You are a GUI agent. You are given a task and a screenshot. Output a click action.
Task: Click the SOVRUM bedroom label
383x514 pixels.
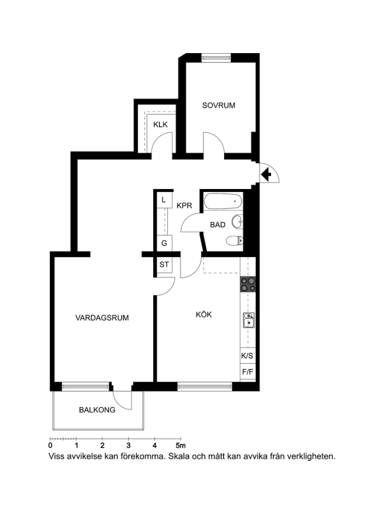pyautogui.click(x=218, y=105)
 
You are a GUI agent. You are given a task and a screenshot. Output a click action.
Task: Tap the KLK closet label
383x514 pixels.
pyautogui.click(x=161, y=125)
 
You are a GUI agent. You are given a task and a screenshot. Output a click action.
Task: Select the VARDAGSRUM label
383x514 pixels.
pyautogui.click(x=102, y=318)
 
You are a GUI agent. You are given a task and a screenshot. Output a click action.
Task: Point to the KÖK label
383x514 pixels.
pyautogui.click(x=204, y=314)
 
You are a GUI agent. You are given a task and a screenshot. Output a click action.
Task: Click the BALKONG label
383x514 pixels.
pyautogui.click(x=97, y=409)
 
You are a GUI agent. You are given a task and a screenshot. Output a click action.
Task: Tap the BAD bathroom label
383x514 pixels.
pyautogui.click(x=218, y=225)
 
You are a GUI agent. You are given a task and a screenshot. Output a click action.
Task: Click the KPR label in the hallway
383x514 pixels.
pyautogui.click(x=184, y=206)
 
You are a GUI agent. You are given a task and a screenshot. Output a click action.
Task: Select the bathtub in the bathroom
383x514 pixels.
pyautogui.click(x=223, y=201)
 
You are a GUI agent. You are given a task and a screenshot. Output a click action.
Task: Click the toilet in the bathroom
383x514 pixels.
pyautogui.click(x=234, y=240)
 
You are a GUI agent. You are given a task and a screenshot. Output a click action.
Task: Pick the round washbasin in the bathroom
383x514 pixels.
pyautogui.click(x=237, y=222)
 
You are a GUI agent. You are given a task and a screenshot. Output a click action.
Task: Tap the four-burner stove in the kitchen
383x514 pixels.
pyautogui.click(x=248, y=284)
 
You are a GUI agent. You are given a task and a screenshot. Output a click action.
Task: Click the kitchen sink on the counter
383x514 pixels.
pyautogui.click(x=249, y=320)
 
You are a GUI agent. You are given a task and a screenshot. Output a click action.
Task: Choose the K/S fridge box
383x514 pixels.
pyautogui.click(x=248, y=356)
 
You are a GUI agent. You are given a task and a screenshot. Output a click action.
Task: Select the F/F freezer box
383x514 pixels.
pyautogui.click(x=248, y=372)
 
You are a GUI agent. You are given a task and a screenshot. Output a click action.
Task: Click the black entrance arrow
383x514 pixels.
pyautogui.click(x=266, y=174)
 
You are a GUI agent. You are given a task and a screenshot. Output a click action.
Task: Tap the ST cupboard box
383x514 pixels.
pyautogui.click(x=164, y=264)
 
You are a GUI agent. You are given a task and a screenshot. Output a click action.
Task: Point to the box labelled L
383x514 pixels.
pyautogui.click(x=164, y=200)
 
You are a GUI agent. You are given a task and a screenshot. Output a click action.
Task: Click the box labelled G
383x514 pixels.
pyautogui.click(x=164, y=243)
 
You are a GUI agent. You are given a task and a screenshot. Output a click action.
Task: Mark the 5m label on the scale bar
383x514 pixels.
pyautogui.click(x=180, y=445)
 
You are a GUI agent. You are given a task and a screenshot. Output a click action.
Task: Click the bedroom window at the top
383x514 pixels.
pyautogui.click(x=216, y=58)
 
